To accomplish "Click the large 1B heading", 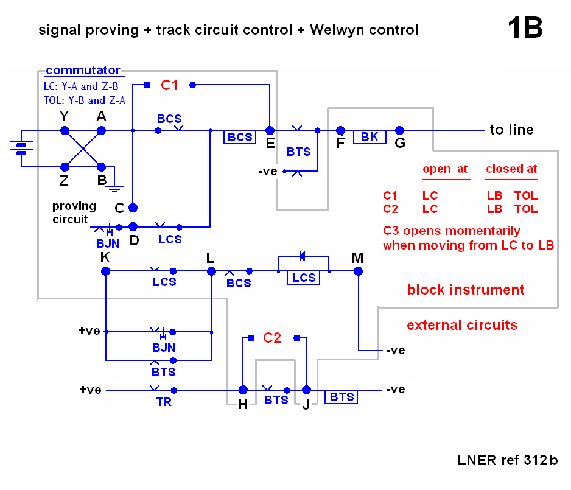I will pos(524,28).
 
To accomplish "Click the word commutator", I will pos(83,71).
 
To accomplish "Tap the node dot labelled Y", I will pos(65,130).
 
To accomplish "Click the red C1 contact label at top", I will pos(169,86).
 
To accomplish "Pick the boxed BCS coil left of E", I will pos(240,137).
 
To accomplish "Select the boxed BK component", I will pos(370,137).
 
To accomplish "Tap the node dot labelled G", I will pos(400,130).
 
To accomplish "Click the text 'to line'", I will pos(511,130).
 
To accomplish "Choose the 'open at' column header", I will pos(445,169).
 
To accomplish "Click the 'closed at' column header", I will pos(511,169).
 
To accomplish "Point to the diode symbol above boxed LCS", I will pos(303,256).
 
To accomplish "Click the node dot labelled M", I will pos(358,271).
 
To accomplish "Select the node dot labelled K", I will pos(106,271).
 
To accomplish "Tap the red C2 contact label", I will pos(272,338).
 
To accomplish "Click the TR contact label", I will pos(164,402).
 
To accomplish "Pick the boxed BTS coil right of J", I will pos(342,397).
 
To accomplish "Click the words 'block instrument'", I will pos(466,290).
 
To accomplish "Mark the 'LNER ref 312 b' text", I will pos(507,460).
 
